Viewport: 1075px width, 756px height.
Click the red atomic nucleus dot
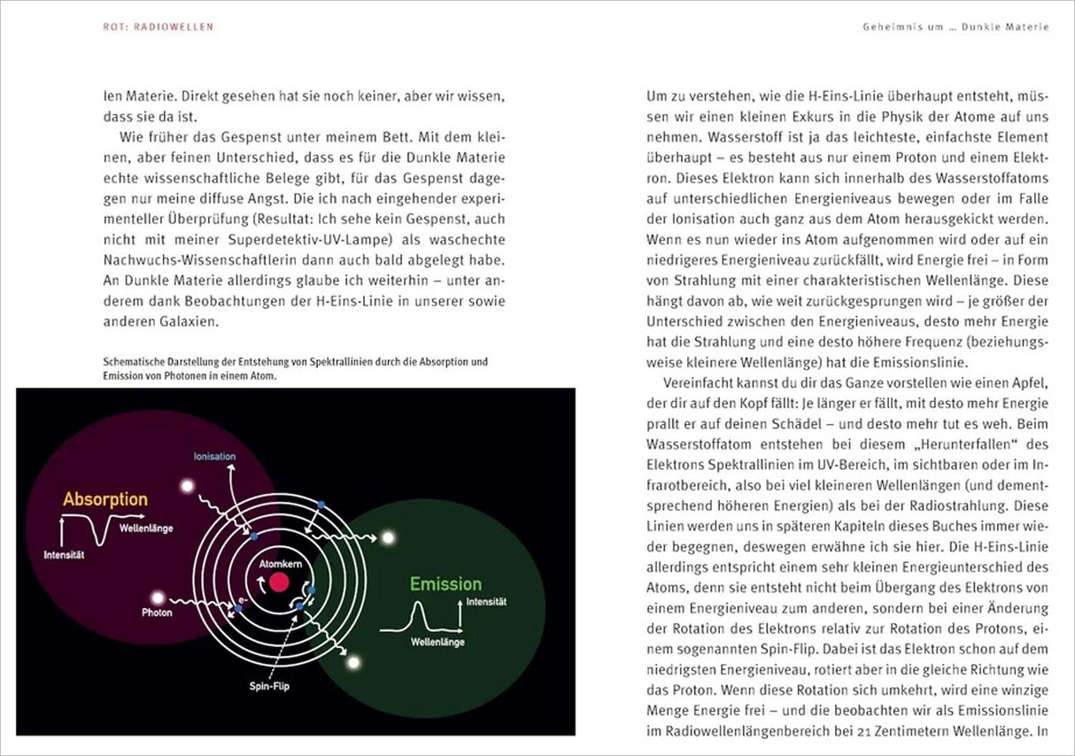click(279, 582)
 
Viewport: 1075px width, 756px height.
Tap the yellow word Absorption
click(104, 499)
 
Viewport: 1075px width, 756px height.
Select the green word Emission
click(445, 584)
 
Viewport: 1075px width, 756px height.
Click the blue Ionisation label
click(214, 457)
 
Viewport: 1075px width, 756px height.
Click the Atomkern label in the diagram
click(279, 563)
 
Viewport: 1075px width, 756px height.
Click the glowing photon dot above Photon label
click(158, 598)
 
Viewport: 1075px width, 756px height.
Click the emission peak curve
click(420, 616)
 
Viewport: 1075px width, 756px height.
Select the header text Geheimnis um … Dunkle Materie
click(955, 27)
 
